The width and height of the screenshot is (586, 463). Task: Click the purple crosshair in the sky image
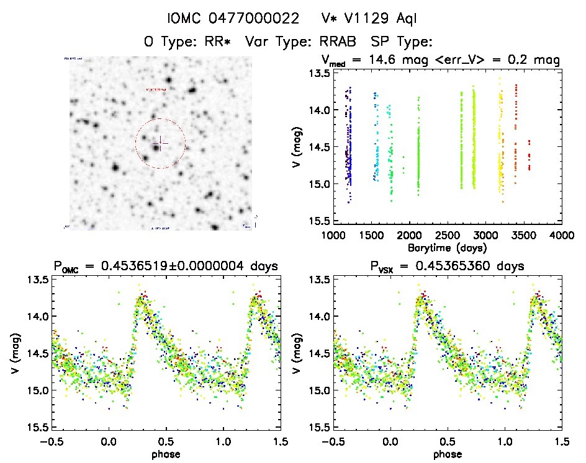[x=160, y=143]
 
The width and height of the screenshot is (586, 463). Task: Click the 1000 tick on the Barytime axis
[x=333, y=236]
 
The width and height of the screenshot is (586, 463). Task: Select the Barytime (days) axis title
[x=447, y=248]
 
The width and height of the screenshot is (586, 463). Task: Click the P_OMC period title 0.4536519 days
[x=165, y=267]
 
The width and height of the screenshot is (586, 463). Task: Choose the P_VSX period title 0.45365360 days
[x=447, y=267]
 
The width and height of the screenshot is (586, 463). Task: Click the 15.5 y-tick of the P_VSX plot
[x=318, y=427]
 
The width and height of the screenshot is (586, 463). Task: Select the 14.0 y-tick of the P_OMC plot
[x=36, y=317]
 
